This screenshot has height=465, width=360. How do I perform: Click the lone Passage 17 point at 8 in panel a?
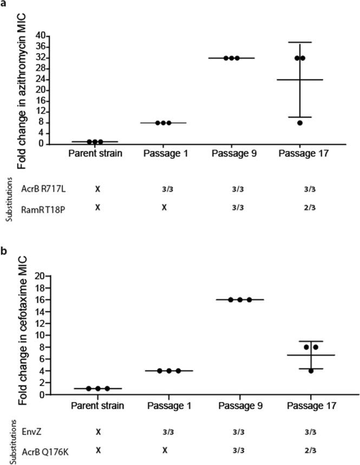coord(300,123)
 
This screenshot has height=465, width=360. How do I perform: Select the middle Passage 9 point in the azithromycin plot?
coord(231,58)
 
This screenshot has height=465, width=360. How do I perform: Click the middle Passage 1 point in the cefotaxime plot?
coord(169,371)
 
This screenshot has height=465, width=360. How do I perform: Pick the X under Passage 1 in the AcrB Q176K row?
coord(163,450)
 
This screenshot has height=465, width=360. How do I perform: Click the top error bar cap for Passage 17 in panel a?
coord(300,42)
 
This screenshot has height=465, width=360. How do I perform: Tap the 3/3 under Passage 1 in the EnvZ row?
coord(163,433)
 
